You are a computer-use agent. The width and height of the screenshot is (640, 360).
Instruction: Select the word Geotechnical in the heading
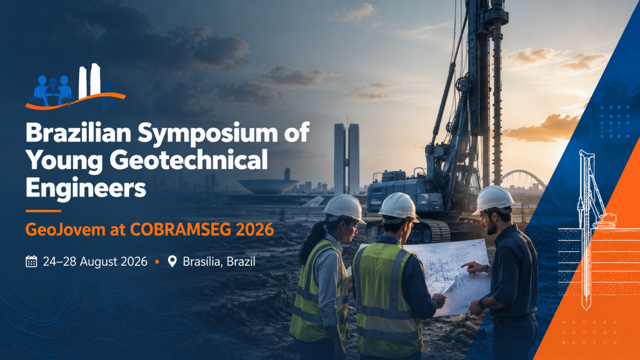tap(189, 161)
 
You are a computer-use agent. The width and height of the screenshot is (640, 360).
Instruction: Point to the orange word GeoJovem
tap(65, 229)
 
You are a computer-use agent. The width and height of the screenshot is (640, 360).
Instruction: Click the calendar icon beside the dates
tap(31, 261)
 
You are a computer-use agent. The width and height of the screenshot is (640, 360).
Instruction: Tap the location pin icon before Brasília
tap(172, 261)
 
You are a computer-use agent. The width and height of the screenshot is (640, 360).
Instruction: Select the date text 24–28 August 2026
tap(95, 261)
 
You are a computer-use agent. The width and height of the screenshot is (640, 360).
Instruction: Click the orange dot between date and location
tap(157, 261)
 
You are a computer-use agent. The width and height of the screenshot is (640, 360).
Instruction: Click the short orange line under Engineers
tap(43, 211)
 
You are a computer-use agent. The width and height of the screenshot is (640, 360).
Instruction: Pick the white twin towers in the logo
tap(89, 80)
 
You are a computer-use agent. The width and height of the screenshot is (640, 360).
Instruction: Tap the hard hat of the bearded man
tap(493, 199)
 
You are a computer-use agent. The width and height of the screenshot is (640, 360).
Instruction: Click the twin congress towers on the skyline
tap(346, 159)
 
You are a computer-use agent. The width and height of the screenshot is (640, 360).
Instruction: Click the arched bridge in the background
tap(522, 178)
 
